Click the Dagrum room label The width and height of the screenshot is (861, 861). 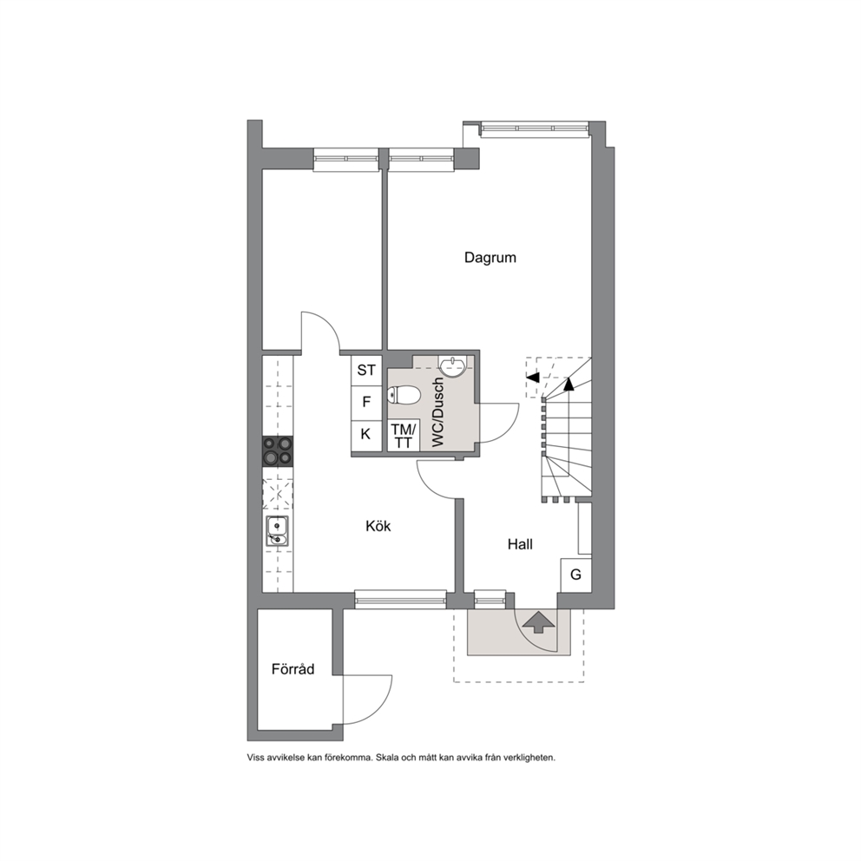490,258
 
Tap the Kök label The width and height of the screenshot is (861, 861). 378,526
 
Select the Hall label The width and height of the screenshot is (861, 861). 520,544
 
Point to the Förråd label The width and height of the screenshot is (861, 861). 293,669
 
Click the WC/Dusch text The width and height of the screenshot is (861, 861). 437,411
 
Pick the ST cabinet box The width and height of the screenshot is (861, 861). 366,371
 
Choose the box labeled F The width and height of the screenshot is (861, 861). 366,403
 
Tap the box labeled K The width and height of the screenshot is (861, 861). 366,435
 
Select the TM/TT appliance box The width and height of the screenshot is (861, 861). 404,436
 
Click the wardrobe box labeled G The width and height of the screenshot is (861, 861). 575,575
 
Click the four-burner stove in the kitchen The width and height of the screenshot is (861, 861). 278,450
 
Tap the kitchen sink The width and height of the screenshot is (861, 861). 278,531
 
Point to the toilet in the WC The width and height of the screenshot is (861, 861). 404,394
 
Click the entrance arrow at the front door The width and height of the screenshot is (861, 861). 539,621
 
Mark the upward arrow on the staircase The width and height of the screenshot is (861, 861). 569,384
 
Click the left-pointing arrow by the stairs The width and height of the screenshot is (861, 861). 533,377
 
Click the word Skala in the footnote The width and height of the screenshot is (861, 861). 387,758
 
